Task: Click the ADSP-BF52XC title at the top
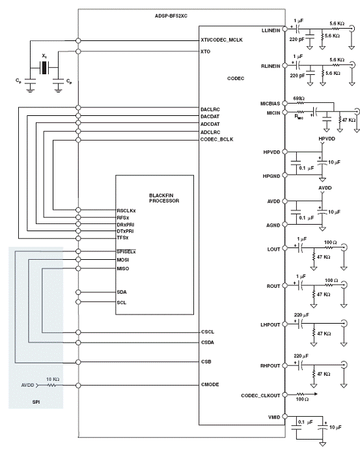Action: pyautogui.click(x=171, y=16)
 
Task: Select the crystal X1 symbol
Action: pyautogui.click(x=44, y=68)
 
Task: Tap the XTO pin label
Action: pyautogui.click(x=205, y=51)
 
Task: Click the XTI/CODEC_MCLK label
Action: pyautogui.click(x=221, y=40)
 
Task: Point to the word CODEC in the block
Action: pyautogui.click(x=236, y=78)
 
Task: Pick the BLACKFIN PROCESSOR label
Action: pyautogui.click(x=164, y=198)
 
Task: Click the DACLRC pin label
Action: pyautogui.click(x=210, y=109)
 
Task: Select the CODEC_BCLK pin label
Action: pyautogui.click(x=217, y=139)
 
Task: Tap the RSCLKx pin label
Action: pyautogui.click(x=126, y=210)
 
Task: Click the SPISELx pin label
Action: pyautogui.click(x=126, y=251)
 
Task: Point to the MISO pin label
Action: pyautogui.click(x=123, y=268)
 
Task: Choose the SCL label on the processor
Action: pyautogui.click(x=121, y=302)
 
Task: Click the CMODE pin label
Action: pyautogui.click(x=210, y=385)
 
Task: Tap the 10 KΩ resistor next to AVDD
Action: pyautogui.click(x=51, y=385)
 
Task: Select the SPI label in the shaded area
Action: pyautogui.click(x=36, y=402)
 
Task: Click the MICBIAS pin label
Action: pyautogui.click(x=270, y=104)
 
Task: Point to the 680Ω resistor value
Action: pyautogui.click(x=299, y=98)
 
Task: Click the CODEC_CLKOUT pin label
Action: pyautogui.click(x=260, y=395)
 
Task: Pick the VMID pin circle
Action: pyautogui.click(x=285, y=416)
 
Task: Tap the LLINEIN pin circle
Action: pyautogui.click(x=285, y=29)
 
